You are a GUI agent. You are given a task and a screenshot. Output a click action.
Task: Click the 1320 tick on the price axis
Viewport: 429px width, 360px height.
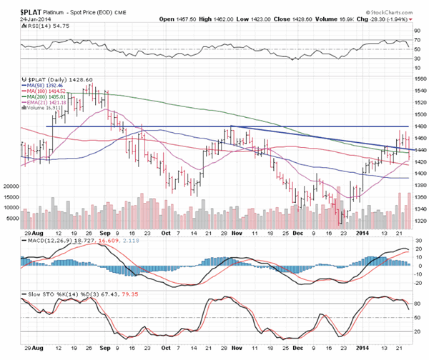(x=420, y=221)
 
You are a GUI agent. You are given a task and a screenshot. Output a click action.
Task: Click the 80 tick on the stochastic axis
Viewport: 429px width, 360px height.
(x=418, y=303)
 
